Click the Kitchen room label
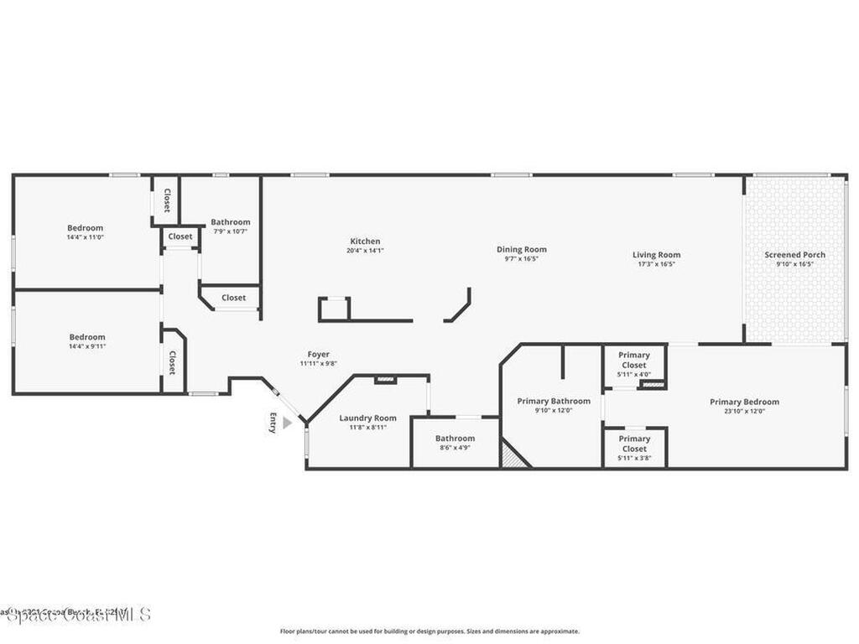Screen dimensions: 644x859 [x=365, y=241]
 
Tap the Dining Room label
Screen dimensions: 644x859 [x=521, y=249]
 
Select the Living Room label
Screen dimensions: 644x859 [x=656, y=255]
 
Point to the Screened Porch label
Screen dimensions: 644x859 [x=794, y=255]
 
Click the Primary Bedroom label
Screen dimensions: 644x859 [x=744, y=402]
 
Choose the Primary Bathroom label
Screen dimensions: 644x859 [x=553, y=401]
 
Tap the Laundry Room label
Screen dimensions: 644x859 [x=367, y=418]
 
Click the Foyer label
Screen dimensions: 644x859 [x=318, y=355]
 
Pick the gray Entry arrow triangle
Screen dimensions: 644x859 [x=287, y=423]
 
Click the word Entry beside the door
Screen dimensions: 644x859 [x=272, y=423]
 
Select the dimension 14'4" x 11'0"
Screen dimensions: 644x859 [x=85, y=237]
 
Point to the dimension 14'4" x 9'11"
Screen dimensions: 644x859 [x=87, y=346]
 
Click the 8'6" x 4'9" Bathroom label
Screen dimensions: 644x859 [x=455, y=439]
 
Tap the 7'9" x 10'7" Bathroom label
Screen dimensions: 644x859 [x=230, y=222]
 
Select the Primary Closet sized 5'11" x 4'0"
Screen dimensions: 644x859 [x=634, y=360]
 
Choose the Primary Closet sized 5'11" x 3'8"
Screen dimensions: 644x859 [x=634, y=444]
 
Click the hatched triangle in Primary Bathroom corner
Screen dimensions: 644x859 [x=511, y=457]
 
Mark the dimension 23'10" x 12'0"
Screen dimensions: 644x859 [x=744, y=411]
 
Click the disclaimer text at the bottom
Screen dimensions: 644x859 [x=429, y=631]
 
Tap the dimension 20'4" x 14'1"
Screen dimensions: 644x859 [x=365, y=251]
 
